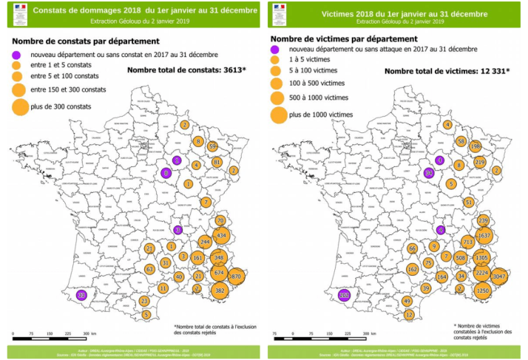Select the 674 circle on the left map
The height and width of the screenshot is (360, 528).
(219, 273)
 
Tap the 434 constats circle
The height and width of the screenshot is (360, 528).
(221, 236)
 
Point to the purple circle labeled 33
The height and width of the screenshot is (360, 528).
(82, 295)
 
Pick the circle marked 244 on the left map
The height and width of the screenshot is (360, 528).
(205, 242)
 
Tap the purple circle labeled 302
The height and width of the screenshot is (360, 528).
(344, 295)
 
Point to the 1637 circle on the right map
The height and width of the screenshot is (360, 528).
(484, 236)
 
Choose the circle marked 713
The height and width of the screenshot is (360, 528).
(467, 242)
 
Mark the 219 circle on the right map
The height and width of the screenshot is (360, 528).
(479, 162)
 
